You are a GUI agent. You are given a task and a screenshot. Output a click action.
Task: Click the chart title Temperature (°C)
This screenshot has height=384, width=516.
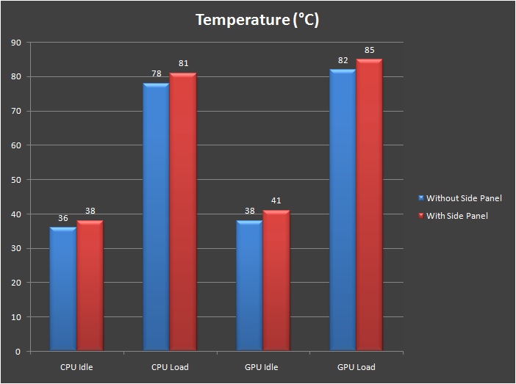click(x=257, y=20)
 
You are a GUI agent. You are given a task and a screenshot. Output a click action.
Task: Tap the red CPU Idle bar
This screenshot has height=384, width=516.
click(x=90, y=286)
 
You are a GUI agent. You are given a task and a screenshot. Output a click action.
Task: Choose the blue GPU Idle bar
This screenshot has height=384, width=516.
click(x=249, y=286)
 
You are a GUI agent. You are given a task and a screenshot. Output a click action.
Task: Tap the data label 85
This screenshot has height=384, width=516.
click(x=370, y=51)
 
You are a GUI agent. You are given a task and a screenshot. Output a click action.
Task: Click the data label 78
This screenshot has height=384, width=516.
click(x=156, y=75)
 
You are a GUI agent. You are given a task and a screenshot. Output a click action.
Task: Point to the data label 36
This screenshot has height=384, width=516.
click(x=62, y=219)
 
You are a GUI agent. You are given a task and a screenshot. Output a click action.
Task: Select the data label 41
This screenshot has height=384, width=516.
click(x=276, y=200)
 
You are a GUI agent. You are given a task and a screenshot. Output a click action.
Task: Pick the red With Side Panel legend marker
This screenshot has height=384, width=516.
click(x=421, y=216)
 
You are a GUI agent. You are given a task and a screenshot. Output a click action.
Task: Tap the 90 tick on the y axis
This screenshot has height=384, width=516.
click(x=16, y=43)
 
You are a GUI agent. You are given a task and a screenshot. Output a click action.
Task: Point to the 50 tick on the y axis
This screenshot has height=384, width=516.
click(x=16, y=180)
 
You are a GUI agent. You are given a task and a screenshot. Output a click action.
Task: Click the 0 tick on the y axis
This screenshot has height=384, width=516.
click(x=18, y=352)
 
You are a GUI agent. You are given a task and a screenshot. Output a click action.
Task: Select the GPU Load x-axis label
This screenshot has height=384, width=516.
click(x=356, y=367)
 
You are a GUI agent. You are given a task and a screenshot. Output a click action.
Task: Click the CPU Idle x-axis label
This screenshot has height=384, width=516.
click(x=76, y=367)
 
